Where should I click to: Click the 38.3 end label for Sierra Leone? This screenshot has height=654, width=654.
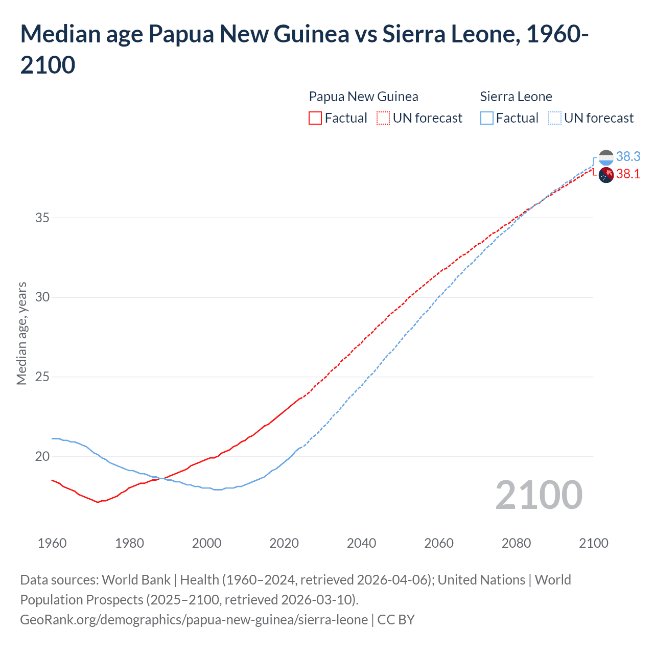point(628,156)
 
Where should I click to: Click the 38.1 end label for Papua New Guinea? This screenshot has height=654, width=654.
point(628,174)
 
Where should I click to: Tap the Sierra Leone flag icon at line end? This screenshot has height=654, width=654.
point(606,157)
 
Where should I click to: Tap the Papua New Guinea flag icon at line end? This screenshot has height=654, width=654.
point(606,175)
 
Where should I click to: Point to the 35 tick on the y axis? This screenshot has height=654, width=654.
point(42,218)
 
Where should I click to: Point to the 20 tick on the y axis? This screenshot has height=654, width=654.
point(42,456)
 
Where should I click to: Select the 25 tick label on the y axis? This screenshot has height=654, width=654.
point(42,377)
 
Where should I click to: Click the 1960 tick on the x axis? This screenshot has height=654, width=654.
point(52,543)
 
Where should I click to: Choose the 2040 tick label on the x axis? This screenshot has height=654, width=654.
point(361,543)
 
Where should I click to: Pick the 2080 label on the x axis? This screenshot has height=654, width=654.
point(516,543)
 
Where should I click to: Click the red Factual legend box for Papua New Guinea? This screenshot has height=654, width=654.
point(315,118)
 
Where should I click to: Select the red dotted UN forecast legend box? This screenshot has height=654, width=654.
point(383,118)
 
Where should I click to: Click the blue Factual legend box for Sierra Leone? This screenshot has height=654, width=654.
point(487,118)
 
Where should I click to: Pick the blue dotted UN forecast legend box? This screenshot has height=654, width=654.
point(554,118)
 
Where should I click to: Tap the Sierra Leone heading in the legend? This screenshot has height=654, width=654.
point(516,97)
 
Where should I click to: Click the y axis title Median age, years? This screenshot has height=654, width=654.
point(21,333)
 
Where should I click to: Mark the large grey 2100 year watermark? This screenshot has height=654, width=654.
point(539,495)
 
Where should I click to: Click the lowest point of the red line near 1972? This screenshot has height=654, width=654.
point(98,502)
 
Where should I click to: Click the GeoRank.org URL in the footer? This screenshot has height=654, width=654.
point(194,620)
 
